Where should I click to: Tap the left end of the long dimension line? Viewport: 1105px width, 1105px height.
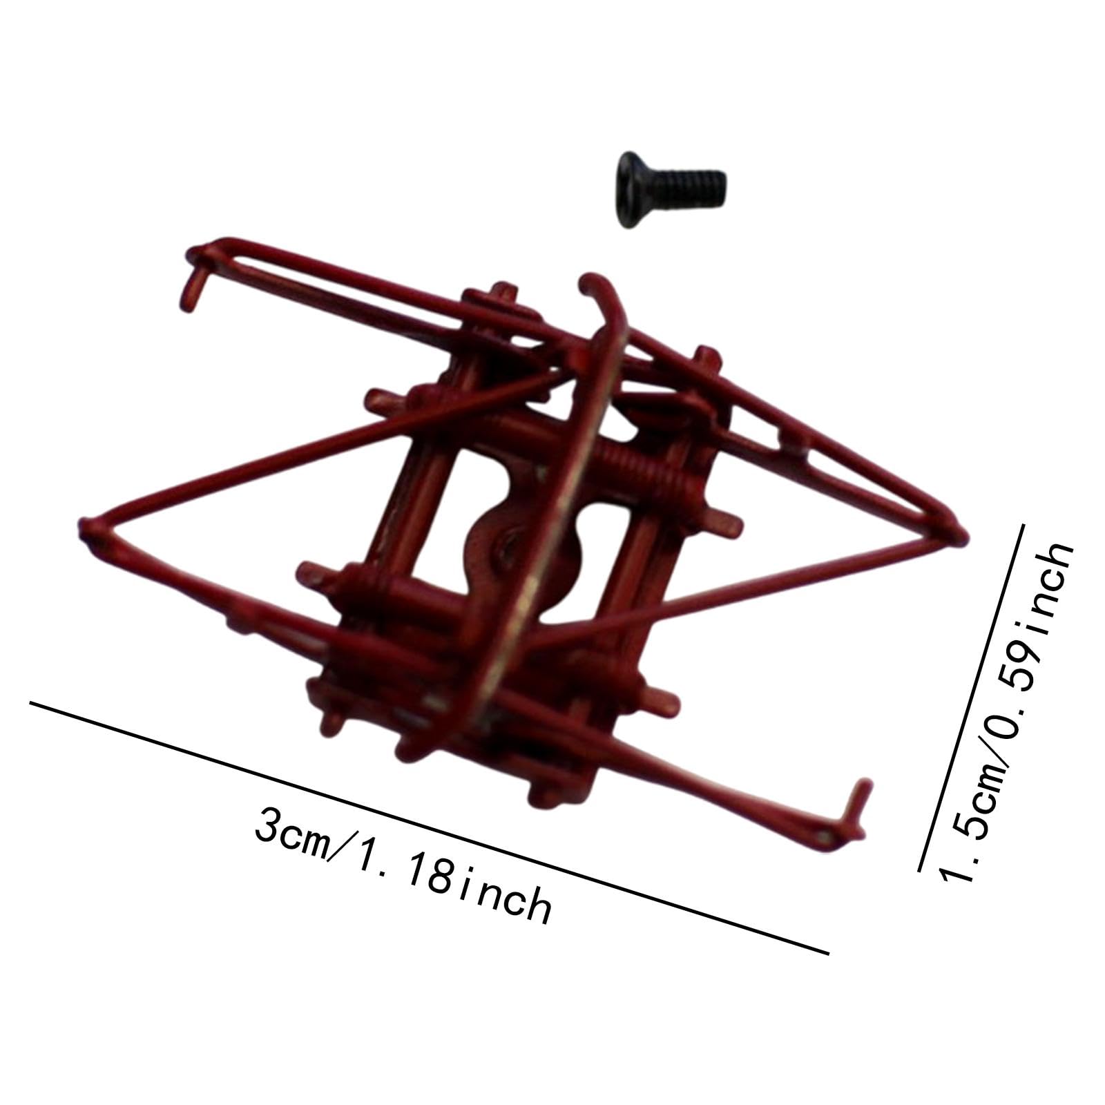[32, 703]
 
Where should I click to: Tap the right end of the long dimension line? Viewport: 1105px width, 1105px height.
[827, 953]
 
